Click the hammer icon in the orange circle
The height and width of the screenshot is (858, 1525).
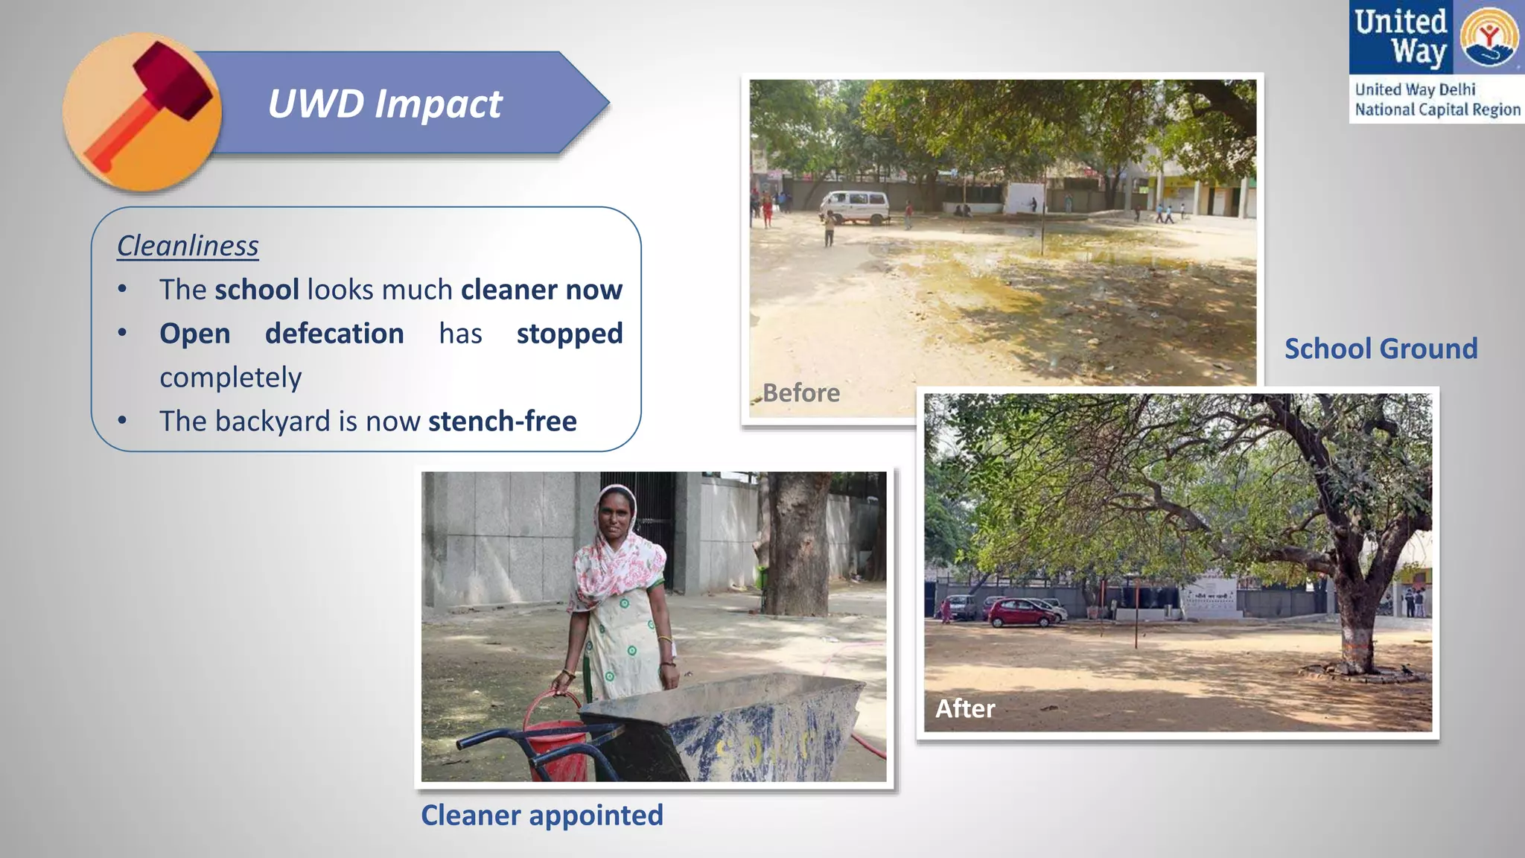tap(149, 104)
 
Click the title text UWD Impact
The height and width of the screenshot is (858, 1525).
tap(384, 104)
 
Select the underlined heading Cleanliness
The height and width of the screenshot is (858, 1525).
tap(188, 246)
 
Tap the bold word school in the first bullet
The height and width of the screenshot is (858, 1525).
tap(256, 290)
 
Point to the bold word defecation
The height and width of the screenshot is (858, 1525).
tap(334, 334)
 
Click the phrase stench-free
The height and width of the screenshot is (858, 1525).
tap(502, 422)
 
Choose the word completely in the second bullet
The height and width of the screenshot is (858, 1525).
tap(231, 378)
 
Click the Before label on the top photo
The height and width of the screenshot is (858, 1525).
tap(800, 393)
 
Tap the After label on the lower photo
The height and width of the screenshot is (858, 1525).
tap(965, 708)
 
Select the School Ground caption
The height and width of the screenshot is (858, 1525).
tap(1381, 349)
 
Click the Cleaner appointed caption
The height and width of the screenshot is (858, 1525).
tap(541, 815)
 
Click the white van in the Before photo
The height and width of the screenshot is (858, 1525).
tap(856, 206)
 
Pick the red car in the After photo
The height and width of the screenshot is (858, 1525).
tap(1022, 612)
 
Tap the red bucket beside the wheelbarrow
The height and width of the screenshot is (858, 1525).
tap(555, 734)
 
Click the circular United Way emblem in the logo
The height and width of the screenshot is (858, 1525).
tap(1489, 37)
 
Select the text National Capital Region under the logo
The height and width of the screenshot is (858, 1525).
tap(1437, 109)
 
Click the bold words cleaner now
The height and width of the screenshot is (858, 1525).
tap(541, 290)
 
